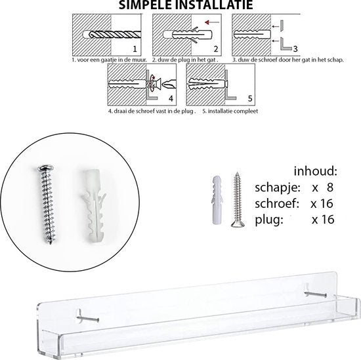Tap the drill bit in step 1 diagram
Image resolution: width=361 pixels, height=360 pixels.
[x=115, y=35]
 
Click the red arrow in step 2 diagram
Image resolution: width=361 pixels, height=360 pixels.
[x=212, y=22]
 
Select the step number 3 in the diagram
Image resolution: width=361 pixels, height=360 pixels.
[x=295, y=49]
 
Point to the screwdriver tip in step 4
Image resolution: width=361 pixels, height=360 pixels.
[x=169, y=84]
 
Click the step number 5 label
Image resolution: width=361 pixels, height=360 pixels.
[x=250, y=98]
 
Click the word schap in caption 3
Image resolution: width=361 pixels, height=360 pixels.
[x=336, y=60]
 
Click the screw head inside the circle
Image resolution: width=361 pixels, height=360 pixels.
[x=46, y=168]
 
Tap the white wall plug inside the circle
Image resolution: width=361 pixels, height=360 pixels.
[x=94, y=206]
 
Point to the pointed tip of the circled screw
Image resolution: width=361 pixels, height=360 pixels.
[x=51, y=242]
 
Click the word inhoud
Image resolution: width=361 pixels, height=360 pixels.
[x=315, y=171]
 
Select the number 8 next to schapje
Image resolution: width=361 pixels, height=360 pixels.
[x=330, y=188]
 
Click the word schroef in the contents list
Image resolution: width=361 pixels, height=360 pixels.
[x=277, y=203]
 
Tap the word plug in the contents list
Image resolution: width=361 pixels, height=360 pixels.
[x=269, y=220]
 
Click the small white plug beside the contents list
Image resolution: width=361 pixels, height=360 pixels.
[x=217, y=200]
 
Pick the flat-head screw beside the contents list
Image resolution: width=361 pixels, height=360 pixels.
[x=238, y=200]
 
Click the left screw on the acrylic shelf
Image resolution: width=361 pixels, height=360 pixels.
[x=88, y=319]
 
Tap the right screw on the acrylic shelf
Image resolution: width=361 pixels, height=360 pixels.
[x=315, y=294]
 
